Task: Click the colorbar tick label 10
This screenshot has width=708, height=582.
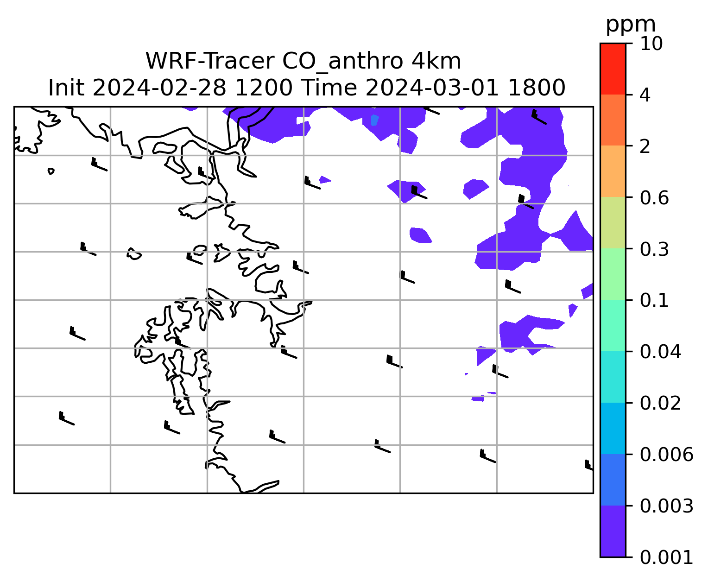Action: pos(651,44)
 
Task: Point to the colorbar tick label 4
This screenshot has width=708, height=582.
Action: pos(645,95)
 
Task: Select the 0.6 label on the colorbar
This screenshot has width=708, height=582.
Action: pos(654,198)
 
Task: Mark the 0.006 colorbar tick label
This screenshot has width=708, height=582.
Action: pos(666,455)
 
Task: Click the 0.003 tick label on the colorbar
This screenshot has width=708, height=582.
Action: pos(666,506)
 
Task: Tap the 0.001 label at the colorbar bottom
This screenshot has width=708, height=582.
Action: pos(666,557)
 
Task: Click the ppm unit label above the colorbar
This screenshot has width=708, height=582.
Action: pos(631,25)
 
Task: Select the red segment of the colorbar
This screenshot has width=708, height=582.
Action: pos(613,69)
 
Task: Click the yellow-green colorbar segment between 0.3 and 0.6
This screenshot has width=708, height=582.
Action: pos(613,223)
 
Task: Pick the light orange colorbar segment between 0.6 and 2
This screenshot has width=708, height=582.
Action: pos(613,171)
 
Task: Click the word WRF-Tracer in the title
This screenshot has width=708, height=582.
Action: pos(210,61)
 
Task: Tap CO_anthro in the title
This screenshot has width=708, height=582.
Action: pos(342,62)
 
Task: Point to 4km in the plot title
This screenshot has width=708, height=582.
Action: pos(436,61)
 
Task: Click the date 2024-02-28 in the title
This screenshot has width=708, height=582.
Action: pos(159,88)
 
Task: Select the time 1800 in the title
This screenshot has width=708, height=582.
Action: pos(537,88)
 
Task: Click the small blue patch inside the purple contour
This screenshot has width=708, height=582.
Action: pos(375,120)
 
